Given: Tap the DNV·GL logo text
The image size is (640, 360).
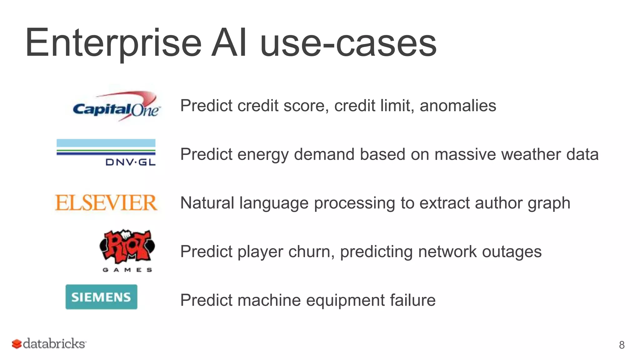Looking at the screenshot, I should (x=130, y=162).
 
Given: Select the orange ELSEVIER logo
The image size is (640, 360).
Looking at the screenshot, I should (x=106, y=203).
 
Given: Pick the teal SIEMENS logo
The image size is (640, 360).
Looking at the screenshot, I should (x=101, y=297).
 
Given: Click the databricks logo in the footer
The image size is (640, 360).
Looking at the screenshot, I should (x=49, y=343).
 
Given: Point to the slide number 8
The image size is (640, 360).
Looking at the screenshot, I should (x=622, y=345).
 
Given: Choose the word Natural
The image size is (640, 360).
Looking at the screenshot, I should (x=207, y=203).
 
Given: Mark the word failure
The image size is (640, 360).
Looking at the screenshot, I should (x=412, y=300).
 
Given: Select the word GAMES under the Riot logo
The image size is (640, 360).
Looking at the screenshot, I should (x=127, y=270).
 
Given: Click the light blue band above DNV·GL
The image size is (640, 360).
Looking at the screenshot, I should (x=106, y=143).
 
